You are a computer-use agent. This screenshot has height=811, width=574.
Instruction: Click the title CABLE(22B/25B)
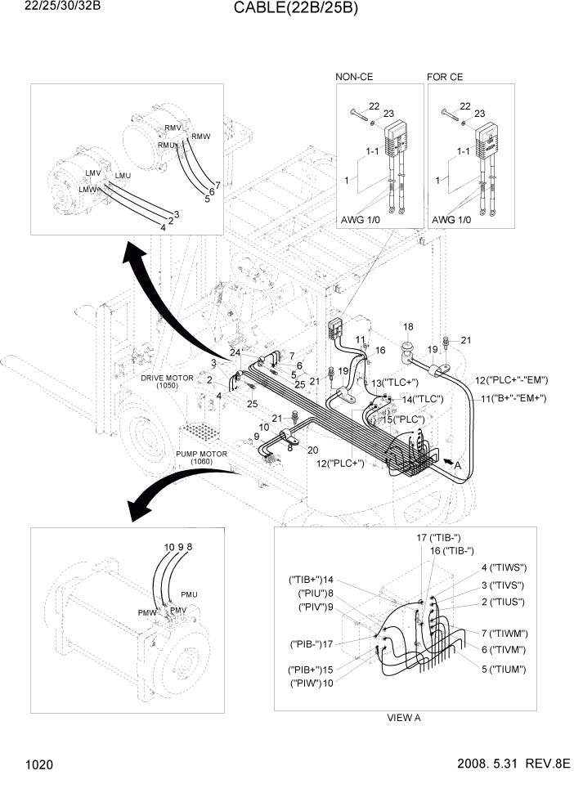[286, 9]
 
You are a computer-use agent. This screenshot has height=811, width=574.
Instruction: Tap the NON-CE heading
[354, 77]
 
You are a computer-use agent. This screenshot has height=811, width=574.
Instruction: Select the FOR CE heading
[445, 77]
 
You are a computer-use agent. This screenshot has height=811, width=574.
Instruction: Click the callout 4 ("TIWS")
[502, 567]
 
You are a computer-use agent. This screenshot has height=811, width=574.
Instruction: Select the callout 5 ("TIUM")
[502, 669]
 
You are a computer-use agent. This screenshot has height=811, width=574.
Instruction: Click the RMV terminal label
[173, 128]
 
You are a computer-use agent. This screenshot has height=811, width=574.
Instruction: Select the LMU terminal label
[123, 176]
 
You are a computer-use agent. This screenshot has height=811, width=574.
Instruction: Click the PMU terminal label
[189, 594]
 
